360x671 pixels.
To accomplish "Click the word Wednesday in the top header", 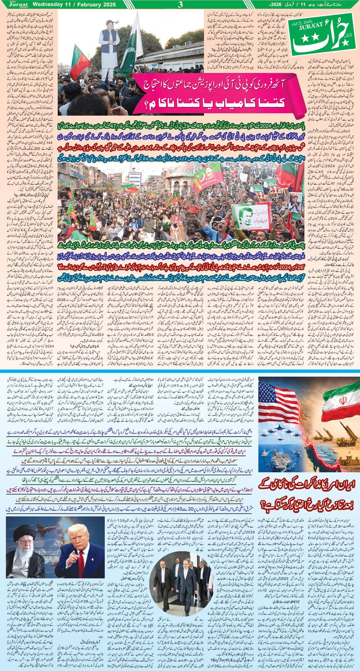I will coord(48,4).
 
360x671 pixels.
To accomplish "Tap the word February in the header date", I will coord(88,4).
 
